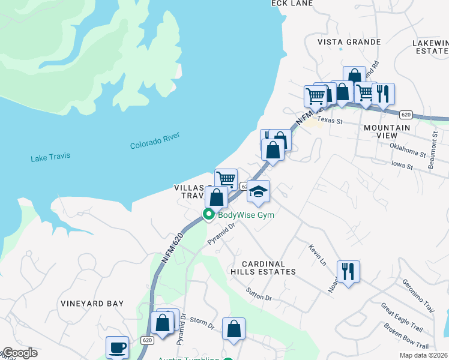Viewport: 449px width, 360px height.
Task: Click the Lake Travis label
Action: tap(50, 157)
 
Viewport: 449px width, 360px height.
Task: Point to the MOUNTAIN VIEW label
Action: tap(387, 132)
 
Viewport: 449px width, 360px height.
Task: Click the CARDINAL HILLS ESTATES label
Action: tap(269, 268)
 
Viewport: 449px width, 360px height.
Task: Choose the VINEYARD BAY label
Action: tap(92, 304)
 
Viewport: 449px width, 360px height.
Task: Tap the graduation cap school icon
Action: tap(259, 191)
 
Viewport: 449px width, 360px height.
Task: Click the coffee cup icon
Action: tap(117, 347)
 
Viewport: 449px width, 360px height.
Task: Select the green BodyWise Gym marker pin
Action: tap(209, 214)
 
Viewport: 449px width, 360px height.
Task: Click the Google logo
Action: tap(19, 353)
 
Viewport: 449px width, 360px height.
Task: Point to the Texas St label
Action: tap(330, 121)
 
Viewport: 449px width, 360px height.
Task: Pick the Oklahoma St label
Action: tap(407, 149)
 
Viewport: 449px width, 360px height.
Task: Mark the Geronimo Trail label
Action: tap(418, 293)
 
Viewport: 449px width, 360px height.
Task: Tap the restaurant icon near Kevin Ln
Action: tap(348, 271)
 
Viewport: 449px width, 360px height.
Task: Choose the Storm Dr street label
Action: tap(202, 323)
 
